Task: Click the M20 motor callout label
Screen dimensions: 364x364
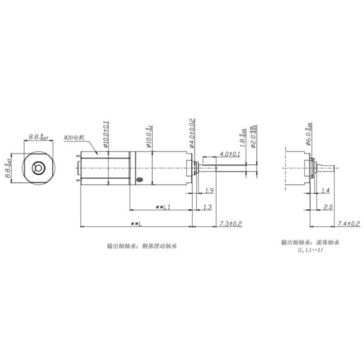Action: [75, 138]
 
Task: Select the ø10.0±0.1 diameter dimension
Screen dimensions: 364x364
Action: [107, 133]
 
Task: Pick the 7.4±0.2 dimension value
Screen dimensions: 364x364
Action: [348, 224]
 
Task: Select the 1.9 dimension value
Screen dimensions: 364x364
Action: [209, 190]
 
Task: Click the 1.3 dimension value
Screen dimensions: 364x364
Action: [207, 207]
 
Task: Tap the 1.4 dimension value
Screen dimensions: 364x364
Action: [326, 190]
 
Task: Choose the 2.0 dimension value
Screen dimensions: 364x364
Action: [328, 207]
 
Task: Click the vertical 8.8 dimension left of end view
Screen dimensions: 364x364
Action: [9, 170]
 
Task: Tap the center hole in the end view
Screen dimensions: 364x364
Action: [38, 167]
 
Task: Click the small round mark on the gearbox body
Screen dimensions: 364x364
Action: [139, 179]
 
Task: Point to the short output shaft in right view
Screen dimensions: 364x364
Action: [328, 167]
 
